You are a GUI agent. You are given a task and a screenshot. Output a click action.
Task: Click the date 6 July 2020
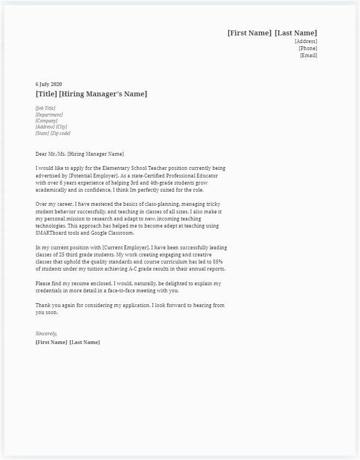[x=48, y=84]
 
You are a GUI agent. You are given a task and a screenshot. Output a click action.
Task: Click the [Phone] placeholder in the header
[x=308, y=48]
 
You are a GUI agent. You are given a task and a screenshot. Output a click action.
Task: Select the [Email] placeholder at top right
[x=308, y=56]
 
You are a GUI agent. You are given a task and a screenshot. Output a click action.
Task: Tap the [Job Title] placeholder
[x=45, y=108]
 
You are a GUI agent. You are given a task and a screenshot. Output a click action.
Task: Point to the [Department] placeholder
[x=49, y=115]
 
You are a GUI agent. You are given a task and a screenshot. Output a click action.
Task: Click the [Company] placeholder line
[x=46, y=121]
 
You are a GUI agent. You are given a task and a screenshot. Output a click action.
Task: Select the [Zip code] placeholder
[x=60, y=133]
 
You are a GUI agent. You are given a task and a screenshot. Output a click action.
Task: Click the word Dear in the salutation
[x=41, y=154]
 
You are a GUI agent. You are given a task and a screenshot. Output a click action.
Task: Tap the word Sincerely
[x=46, y=333]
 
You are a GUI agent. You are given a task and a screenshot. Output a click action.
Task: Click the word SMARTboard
[x=51, y=233]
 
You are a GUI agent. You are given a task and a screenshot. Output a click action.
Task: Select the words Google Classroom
[x=107, y=233]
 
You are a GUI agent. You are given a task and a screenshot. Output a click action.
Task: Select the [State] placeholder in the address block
[x=42, y=133]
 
